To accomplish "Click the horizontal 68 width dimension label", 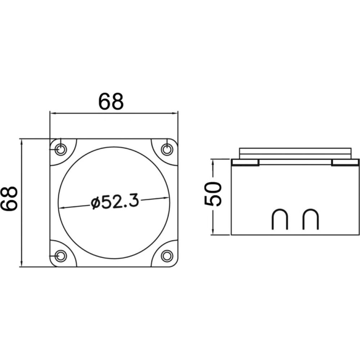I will (111, 102).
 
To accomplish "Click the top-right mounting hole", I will (167, 149).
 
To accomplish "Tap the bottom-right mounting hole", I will (167, 256).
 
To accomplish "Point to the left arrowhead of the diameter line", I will (61, 208).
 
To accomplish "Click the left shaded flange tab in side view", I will (246, 163).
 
